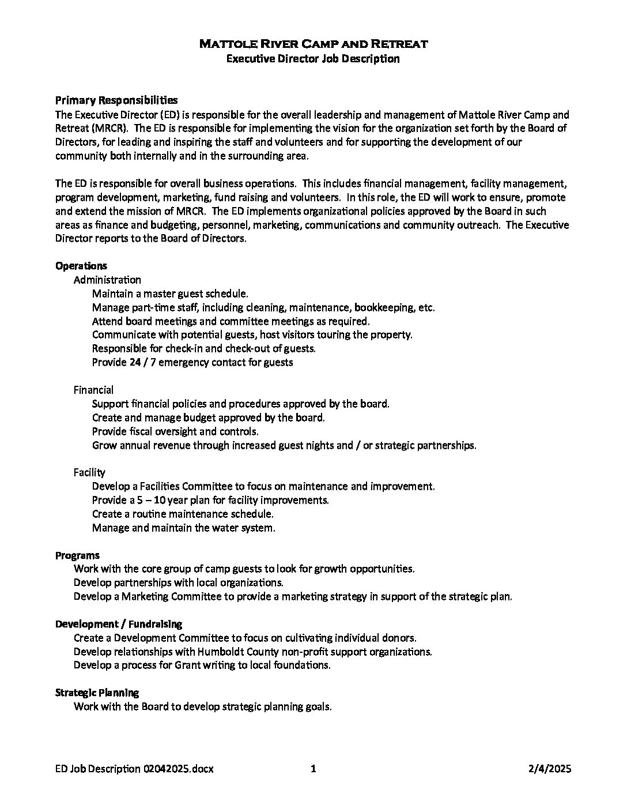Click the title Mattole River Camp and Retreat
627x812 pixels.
(x=313, y=44)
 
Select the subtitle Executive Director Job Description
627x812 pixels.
(x=313, y=58)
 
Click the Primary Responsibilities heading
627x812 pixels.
(x=116, y=100)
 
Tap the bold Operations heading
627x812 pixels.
(x=81, y=266)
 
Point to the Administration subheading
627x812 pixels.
(x=107, y=280)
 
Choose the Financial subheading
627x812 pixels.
(x=93, y=390)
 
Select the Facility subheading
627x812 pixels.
(x=89, y=472)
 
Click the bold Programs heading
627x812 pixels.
(x=77, y=555)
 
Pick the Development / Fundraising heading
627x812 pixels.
(x=119, y=624)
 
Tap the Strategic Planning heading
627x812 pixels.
(x=97, y=693)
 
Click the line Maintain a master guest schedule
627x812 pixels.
(x=170, y=294)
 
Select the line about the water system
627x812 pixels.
(x=183, y=528)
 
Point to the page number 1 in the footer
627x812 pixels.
(x=313, y=769)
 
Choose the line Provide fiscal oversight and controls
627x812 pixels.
(x=175, y=431)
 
